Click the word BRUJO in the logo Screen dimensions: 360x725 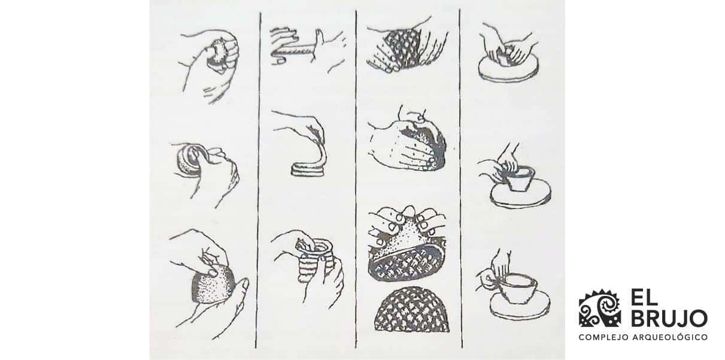(669, 318)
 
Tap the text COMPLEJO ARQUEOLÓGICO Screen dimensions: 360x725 (642, 337)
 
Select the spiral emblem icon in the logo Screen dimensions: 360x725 (599, 309)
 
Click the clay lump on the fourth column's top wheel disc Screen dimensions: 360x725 (506, 57)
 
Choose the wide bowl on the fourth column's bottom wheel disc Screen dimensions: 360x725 (518, 286)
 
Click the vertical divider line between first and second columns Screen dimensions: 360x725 (258, 180)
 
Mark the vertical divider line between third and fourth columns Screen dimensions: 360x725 (461, 180)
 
